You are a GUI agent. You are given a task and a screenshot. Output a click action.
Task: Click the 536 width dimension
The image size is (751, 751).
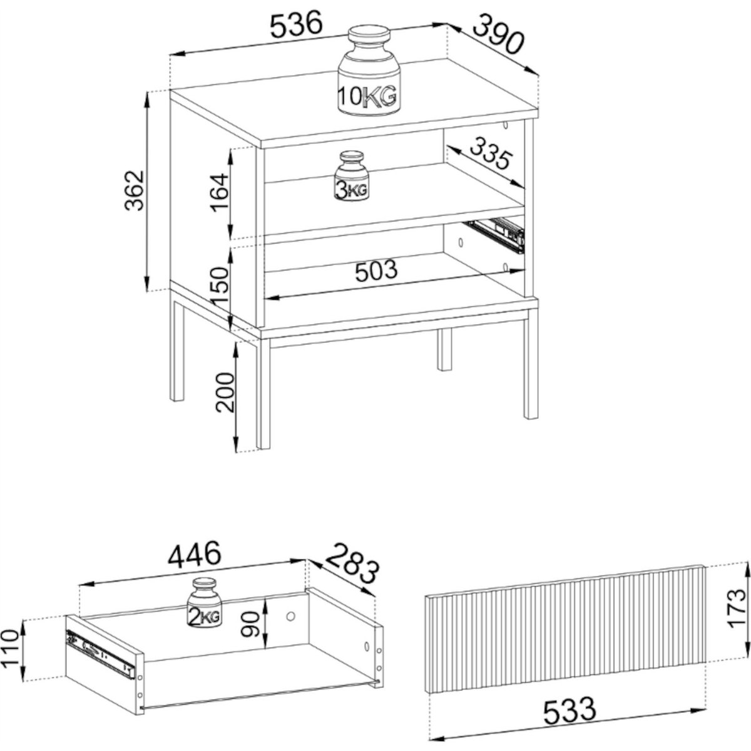[x=297, y=24]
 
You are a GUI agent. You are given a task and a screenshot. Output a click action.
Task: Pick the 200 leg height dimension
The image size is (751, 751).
[x=225, y=392]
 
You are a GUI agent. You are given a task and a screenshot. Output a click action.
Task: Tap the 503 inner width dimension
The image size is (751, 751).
[x=376, y=270]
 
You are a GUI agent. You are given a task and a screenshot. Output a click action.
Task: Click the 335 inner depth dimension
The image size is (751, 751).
[x=490, y=155]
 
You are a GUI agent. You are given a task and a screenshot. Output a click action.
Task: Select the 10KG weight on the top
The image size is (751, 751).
[x=368, y=71]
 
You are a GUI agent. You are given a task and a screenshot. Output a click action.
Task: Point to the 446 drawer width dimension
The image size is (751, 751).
[x=195, y=554]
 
